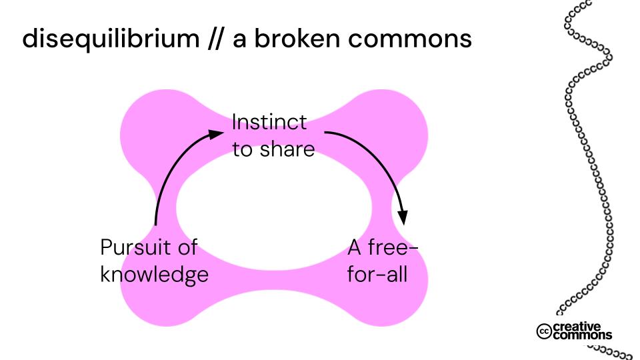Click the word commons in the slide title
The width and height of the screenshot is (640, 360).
421,39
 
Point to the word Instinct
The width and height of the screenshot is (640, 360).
269,123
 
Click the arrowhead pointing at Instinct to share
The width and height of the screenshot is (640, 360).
217,133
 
